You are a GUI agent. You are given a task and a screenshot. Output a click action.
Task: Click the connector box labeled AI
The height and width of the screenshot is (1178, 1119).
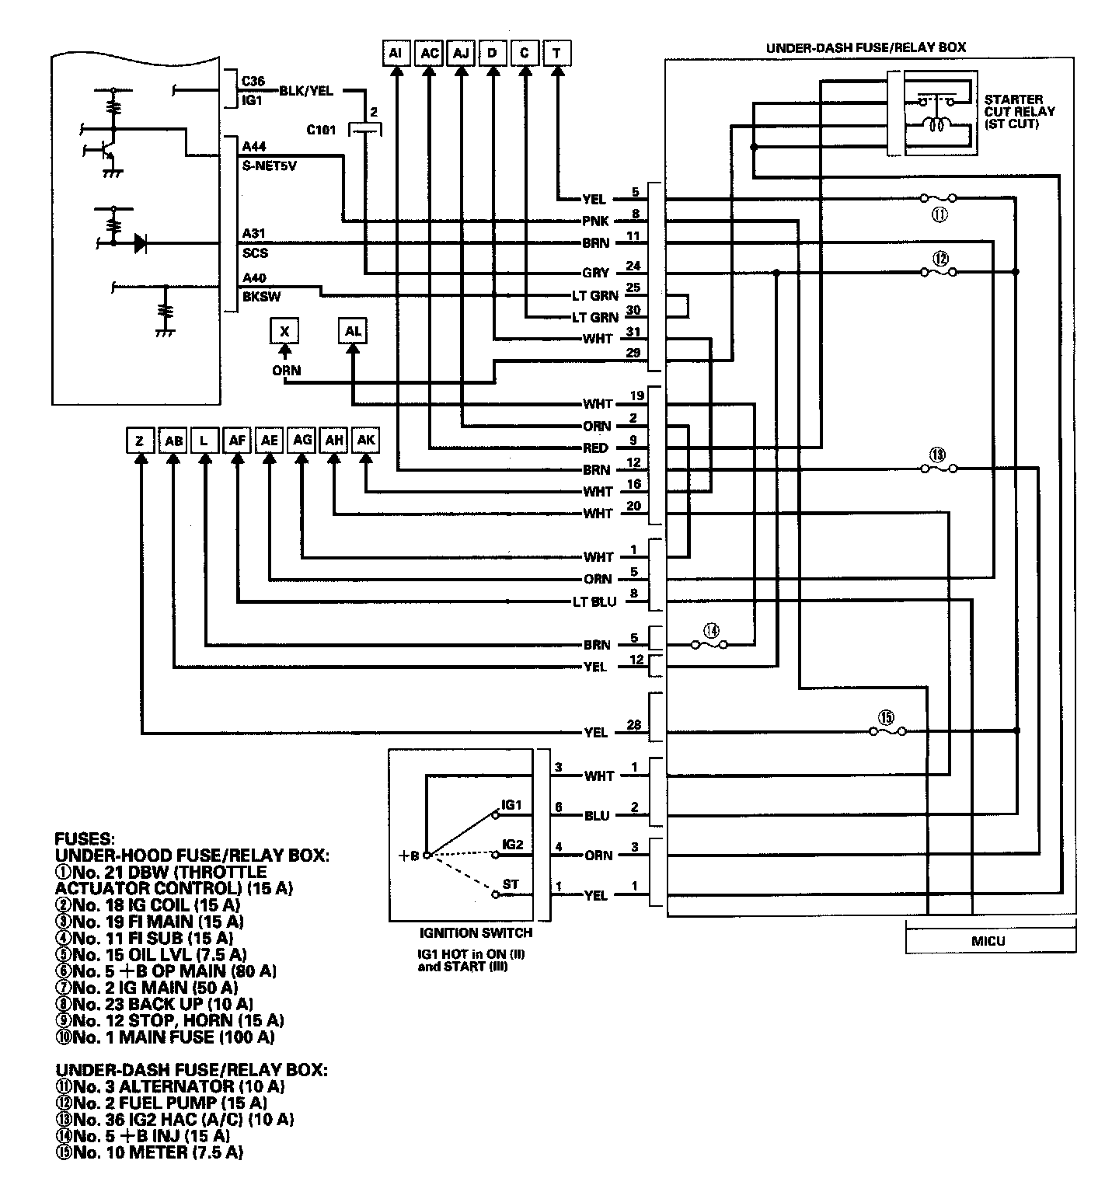[x=396, y=53]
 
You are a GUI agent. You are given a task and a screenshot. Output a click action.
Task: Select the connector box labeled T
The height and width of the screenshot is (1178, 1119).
[x=556, y=53]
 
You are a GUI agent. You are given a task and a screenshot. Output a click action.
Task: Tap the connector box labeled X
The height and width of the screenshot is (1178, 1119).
[x=284, y=332]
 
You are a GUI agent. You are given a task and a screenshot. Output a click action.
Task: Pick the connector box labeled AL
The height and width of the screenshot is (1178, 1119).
[x=353, y=332]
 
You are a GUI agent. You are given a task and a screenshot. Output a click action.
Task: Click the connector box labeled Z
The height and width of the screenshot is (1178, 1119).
[x=140, y=441]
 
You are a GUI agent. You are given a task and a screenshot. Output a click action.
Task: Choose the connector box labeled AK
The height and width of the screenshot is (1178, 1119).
[x=366, y=441]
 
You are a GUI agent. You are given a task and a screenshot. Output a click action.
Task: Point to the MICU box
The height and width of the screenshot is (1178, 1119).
[x=989, y=940]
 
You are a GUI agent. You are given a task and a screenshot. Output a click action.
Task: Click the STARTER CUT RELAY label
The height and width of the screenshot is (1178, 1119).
[x=1019, y=112]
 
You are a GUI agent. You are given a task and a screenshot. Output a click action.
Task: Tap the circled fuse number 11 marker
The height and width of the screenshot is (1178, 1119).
[x=939, y=215]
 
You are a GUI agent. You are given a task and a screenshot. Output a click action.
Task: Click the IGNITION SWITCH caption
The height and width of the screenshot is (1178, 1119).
[x=465, y=932]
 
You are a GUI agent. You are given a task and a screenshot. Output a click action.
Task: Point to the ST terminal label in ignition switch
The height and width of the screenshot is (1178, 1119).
[x=511, y=884]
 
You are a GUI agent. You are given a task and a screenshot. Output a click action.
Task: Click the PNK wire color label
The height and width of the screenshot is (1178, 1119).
[x=595, y=221]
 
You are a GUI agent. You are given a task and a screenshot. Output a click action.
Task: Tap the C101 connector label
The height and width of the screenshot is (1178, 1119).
[x=320, y=131]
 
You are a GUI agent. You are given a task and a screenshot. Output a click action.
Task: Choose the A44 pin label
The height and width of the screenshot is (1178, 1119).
[x=253, y=146]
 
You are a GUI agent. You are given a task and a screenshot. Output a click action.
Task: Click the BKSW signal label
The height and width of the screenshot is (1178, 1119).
[x=257, y=296]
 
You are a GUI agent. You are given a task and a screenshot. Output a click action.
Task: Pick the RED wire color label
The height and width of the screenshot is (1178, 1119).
[x=595, y=448]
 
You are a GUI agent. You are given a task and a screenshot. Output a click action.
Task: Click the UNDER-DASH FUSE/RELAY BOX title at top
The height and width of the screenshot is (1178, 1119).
[x=866, y=47]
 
